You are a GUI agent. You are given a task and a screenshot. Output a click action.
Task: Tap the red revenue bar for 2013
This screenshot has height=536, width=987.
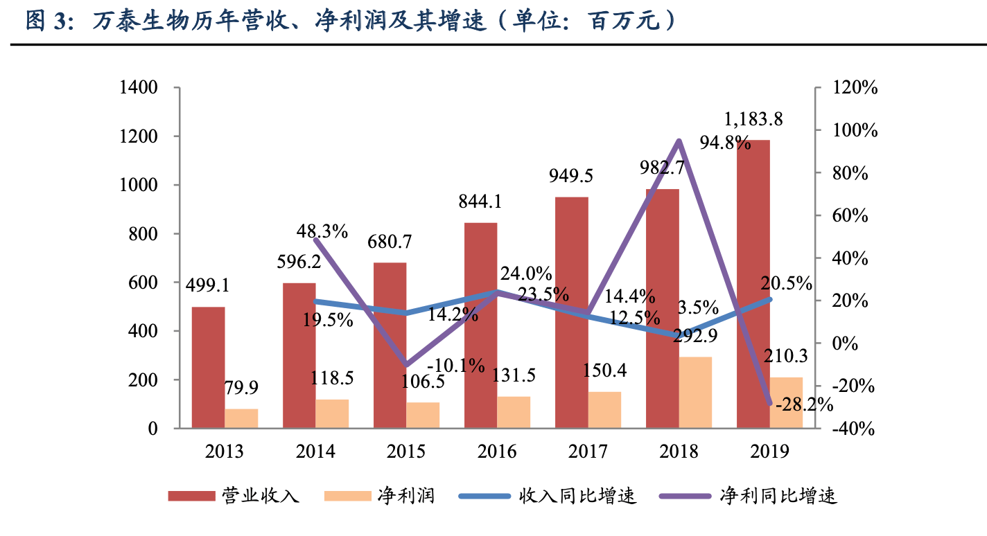(208, 368)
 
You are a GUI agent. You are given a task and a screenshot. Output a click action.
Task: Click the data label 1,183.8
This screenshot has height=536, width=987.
(753, 119)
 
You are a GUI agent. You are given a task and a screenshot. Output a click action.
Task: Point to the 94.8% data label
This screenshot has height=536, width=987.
(725, 144)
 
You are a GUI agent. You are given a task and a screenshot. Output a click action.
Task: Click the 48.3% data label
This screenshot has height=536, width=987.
(322, 231)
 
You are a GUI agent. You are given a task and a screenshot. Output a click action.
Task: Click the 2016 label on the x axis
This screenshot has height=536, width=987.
(497, 452)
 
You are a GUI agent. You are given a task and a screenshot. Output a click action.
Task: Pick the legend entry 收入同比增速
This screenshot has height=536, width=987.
(577, 496)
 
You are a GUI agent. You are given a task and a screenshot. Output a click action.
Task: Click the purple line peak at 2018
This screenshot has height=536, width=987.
(679, 141)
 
